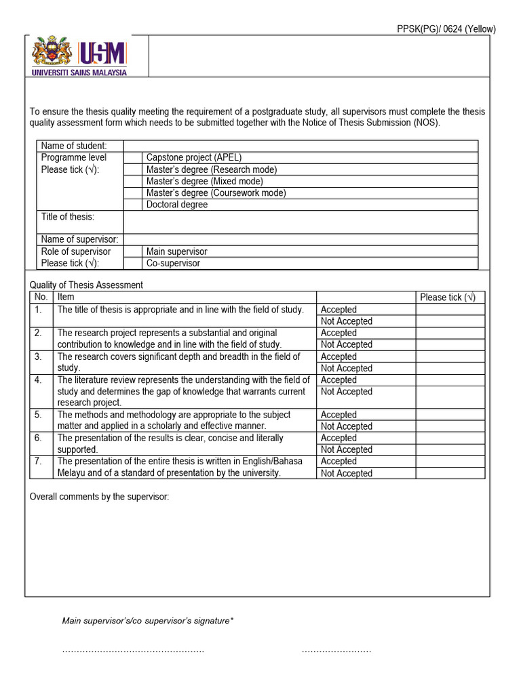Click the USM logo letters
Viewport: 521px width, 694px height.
pyautogui.click(x=102, y=53)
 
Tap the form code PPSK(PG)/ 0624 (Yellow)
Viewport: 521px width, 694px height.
pyautogui.click(x=446, y=29)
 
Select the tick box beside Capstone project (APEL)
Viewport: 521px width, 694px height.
pyautogui.click(x=133, y=157)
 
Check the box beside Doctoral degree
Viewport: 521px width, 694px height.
pyautogui.click(x=133, y=205)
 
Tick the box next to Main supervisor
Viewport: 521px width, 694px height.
pyautogui.click(x=133, y=251)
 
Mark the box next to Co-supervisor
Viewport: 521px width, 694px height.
pyautogui.click(x=133, y=263)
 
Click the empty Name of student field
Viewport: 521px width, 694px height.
pyautogui.click(x=301, y=146)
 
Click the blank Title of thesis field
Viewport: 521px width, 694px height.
pyautogui.click(x=301, y=222)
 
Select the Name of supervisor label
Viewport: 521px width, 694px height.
pyautogui.click(x=79, y=239)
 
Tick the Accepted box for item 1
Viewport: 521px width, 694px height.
pyautogui.click(x=450, y=310)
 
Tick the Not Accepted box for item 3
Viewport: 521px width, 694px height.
pyautogui.click(x=450, y=368)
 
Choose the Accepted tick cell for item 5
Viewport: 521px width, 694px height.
pyautogui.click(x=450, y=415)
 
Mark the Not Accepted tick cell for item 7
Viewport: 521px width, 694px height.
pyautogui.click(x=450, y=473)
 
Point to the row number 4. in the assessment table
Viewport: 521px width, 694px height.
pyautogui.click(x=39, y=380)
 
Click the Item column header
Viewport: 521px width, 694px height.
pyautogui.click(x=66, y=297)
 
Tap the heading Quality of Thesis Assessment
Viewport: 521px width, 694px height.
pyautogui.click(x=86, y=285)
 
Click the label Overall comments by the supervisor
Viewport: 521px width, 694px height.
pyautogui.click(x=99, y=497)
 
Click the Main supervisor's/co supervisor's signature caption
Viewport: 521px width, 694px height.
pyautogui.click(x=148, y=620)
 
